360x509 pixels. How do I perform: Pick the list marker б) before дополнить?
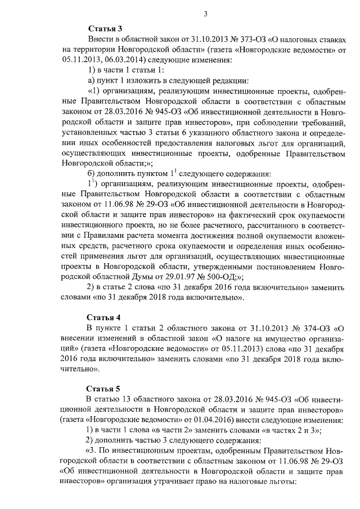pyautogui.click(x=93, y=173)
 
